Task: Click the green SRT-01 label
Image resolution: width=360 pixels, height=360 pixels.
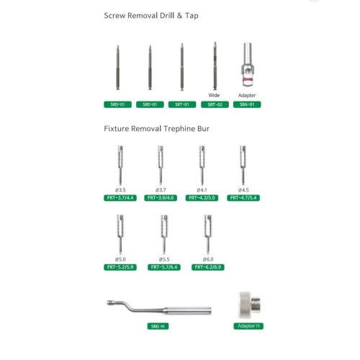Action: pos(182,104)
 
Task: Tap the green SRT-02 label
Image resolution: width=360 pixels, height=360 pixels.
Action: pos(215,104)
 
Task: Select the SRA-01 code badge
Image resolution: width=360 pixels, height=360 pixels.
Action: pos(247,104)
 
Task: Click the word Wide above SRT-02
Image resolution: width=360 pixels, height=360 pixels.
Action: pos(214,95)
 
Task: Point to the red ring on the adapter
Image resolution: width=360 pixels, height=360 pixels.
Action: pos(247,80)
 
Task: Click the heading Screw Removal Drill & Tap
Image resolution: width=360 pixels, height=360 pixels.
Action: pos(151,16)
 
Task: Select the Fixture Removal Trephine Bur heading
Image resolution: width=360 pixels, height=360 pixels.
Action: pos(156,129)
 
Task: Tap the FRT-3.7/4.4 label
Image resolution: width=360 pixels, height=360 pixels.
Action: pos(120,198)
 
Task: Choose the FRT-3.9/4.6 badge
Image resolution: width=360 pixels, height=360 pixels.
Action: pos(161,198)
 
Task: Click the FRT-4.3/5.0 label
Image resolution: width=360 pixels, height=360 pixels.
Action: pos(202,198)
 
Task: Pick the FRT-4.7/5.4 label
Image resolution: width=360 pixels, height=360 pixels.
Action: pos(243,198)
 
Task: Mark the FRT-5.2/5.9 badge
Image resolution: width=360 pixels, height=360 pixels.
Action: pos(120,267)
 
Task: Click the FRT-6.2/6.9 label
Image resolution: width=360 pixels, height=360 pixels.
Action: pos(208,267)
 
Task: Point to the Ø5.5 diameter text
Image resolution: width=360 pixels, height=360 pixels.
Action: pos(164,259)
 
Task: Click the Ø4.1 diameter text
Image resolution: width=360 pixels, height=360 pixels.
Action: pos(202,190)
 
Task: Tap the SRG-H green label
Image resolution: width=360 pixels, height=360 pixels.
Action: pos(158,326)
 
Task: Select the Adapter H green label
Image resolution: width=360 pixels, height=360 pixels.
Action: pos(248,326)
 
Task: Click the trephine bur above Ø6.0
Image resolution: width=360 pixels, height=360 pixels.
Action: pos(208,235)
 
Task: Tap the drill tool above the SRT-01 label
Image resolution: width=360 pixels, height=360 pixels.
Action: pos(182,67)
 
